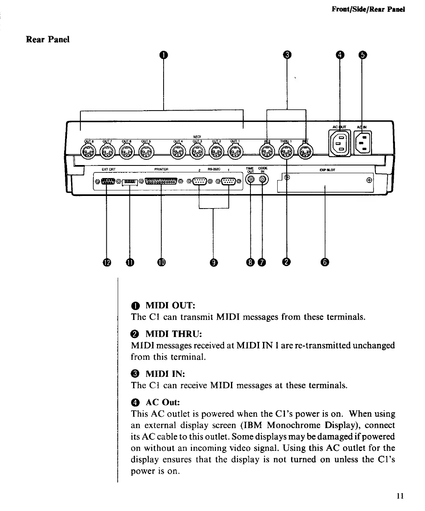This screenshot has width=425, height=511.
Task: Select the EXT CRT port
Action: pos(107,182)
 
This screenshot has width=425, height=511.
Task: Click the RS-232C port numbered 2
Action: pos(199,182)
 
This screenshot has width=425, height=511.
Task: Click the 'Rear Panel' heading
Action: pos(47,39)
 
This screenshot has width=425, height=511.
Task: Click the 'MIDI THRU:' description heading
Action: pos(173,334)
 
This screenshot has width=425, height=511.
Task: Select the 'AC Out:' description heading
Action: pos(162,402)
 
